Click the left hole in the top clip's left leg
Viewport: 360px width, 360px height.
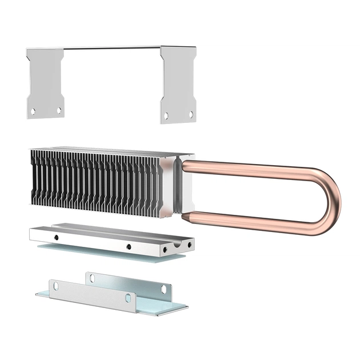tap(33, 111)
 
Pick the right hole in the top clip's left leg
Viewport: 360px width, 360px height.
tap(58, 110)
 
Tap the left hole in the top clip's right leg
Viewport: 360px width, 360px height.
tap(166, 115)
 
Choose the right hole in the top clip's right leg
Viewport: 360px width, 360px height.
tap(191, 114)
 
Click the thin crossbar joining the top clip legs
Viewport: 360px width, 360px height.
tap(111, 48)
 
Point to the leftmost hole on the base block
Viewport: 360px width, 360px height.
tap(56, 236)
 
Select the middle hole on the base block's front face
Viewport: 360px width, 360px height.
tap(129, 247)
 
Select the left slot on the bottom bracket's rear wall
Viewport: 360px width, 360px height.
tap(92, 278)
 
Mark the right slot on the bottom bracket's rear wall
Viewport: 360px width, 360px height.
tap(164, 289)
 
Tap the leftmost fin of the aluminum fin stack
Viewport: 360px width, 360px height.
tap(34, 177)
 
